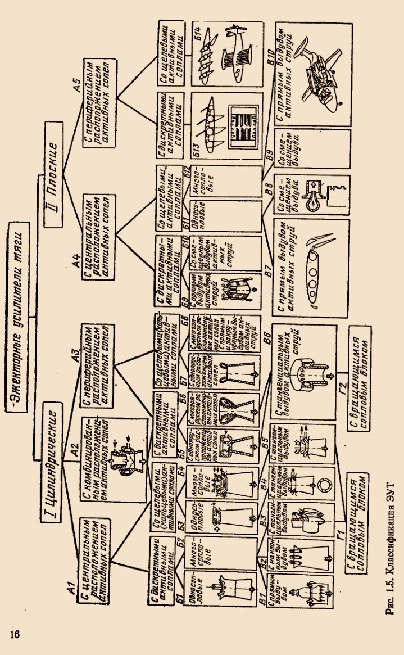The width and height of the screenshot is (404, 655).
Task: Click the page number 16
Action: point(15,634)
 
